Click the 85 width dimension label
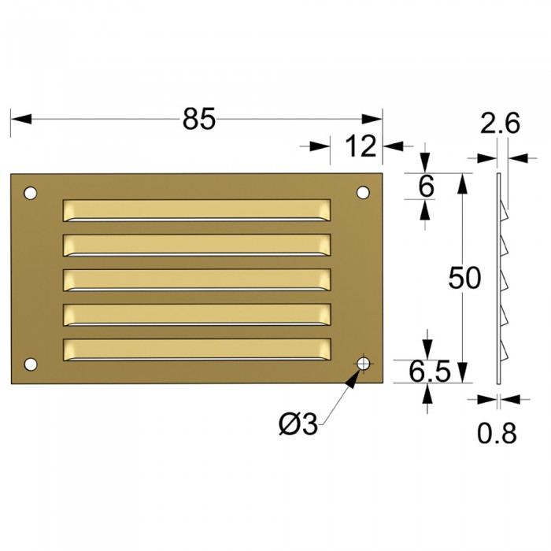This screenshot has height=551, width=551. click(x=198, y=119)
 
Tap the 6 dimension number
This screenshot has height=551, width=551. click(x=426, y=187)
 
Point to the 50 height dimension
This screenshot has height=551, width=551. click(x=464, y=278)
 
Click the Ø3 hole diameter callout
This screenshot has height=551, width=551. click(x=298, y=424)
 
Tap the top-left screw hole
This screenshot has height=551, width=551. click(x=31, y=192)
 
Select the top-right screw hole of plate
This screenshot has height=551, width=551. click(x=363, y=192)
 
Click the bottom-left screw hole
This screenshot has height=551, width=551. click(x=31, y=363)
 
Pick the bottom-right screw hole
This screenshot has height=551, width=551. click(x=363, y=363)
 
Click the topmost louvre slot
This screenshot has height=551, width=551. click(x=196, y=209)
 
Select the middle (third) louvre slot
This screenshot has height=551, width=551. click(x=196, y=279)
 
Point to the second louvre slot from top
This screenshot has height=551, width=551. click(x=196, y=245)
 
